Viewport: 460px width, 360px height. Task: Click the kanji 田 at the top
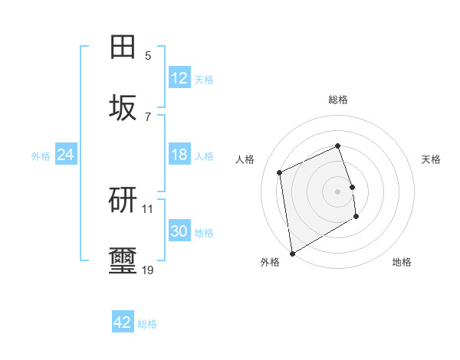tap(123, 47)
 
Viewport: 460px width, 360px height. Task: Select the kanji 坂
tap(123, 108)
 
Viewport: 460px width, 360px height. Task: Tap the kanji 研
tap(123, 200)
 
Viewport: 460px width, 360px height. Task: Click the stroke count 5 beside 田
tap(148, 55)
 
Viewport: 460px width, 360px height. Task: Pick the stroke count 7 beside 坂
tap(148, 116)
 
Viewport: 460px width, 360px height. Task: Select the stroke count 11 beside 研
tap(148, 208)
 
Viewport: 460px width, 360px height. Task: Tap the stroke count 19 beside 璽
tap(148, 270)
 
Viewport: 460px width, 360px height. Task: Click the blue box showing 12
tap(179, 78)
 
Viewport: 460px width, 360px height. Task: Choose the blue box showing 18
tap(179, 155)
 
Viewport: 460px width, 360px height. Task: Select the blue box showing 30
tap(179, 231)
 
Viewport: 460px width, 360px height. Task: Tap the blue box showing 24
tap(66, 155)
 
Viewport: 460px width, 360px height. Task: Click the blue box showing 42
tap(123, 322)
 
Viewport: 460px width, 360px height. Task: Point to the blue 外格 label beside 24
tap(41, 155)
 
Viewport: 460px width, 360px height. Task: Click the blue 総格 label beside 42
tap(147, 323)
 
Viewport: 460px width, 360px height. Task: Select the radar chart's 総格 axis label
tap(338, 100)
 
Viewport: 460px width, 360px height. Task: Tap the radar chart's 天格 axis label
tap(431, 159)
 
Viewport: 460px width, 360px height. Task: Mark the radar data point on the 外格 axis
tap(292, 253)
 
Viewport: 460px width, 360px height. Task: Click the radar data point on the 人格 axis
tap(280, 172)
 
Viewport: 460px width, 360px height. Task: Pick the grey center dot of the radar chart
tap(338, 191)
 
